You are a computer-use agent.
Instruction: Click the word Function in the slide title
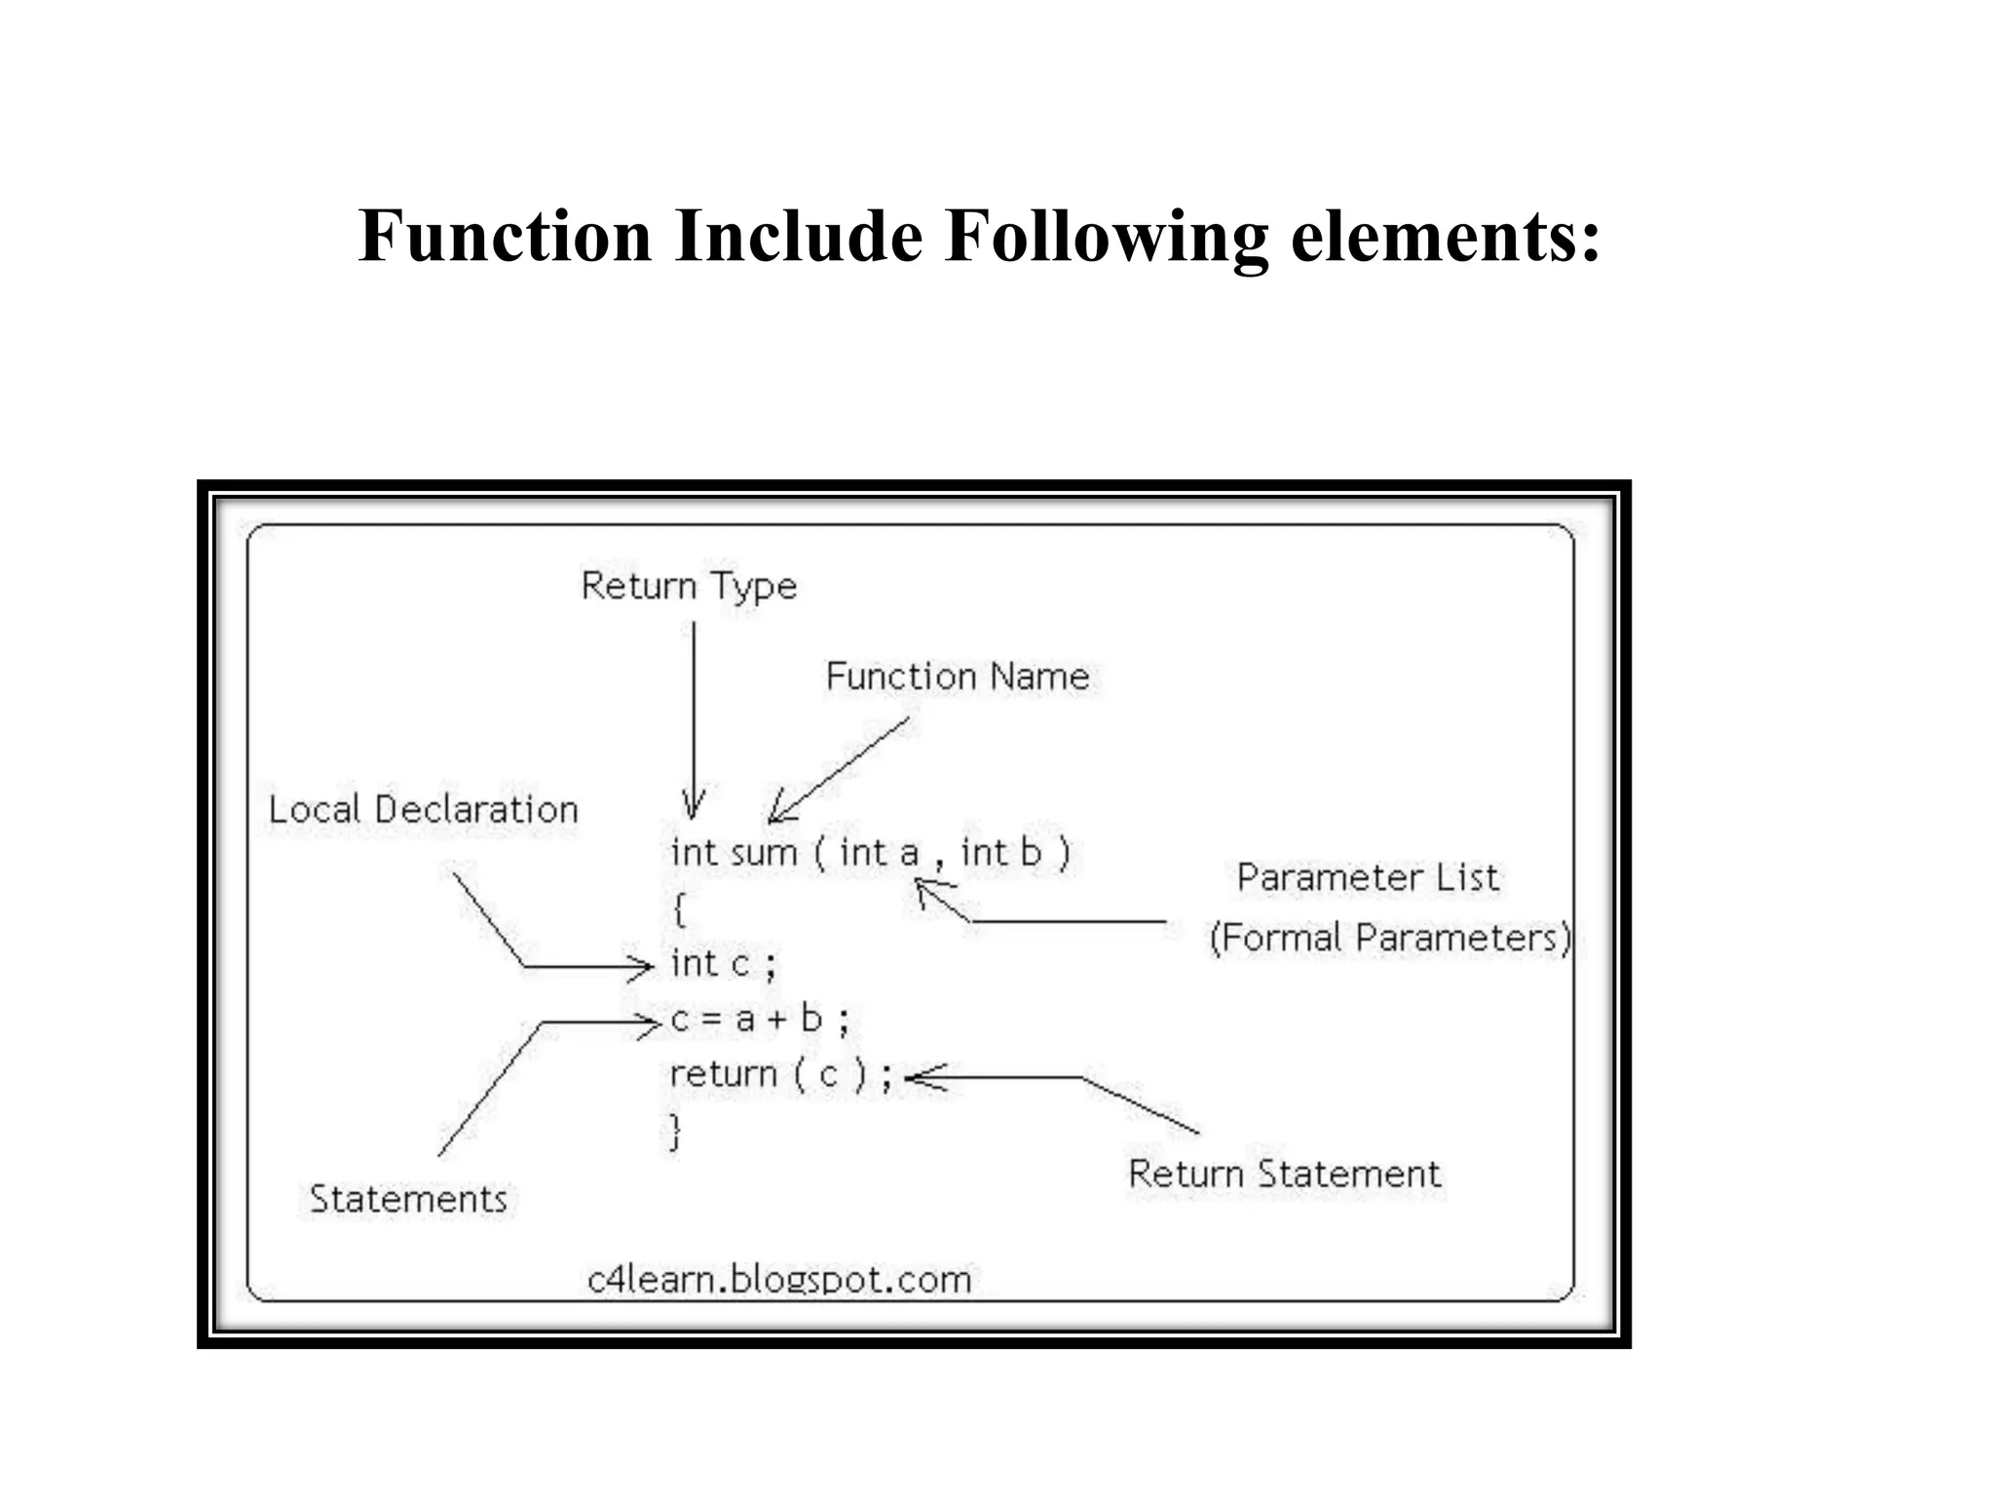505,236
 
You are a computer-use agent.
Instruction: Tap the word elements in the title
1445,236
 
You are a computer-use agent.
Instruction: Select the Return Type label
689,586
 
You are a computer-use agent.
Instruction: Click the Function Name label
958,676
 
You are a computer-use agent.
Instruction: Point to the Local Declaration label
423,809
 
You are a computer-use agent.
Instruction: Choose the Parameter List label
1368,878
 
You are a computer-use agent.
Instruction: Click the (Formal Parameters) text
1390,938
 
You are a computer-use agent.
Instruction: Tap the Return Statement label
1284,1174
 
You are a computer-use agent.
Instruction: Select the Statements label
408,1199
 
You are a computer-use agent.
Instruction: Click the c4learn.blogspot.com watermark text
779,1279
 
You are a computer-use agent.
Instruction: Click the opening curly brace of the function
679,910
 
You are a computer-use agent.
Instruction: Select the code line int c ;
723,964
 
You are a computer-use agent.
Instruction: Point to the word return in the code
723,1074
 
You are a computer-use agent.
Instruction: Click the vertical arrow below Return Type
694,721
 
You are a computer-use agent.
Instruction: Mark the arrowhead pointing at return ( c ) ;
921,1077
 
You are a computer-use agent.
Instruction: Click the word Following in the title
1107,236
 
